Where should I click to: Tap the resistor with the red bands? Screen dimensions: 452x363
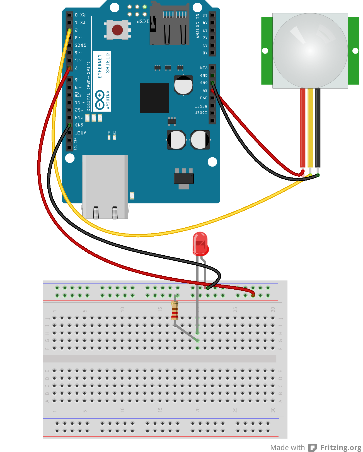click(x=175, y=311)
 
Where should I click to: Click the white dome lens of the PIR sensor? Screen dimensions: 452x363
click(x=310, y=51)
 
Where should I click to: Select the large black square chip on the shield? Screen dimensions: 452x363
click(x=154, y=98)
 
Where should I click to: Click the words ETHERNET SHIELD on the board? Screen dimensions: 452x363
click(x=103, y=66)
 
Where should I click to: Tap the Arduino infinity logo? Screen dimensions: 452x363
click(x=100, y=100)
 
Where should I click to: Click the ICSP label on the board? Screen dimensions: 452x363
click(x=143, y=21)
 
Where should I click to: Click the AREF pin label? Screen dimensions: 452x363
click(x=81, y=133)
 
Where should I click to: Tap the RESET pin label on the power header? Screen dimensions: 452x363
click(x=201, y=106)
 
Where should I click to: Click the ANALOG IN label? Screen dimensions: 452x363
click(x=198, y=26)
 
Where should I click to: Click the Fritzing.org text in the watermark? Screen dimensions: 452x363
click(x=340, y=447)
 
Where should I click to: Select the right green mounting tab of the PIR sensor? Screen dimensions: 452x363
click(x=354, y=51)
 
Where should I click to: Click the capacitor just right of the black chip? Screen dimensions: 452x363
click(x=183, y=85)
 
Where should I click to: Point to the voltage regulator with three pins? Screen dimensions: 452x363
click(x=184, y=178)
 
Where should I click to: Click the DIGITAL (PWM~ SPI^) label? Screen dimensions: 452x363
click(x=88, y=86)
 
